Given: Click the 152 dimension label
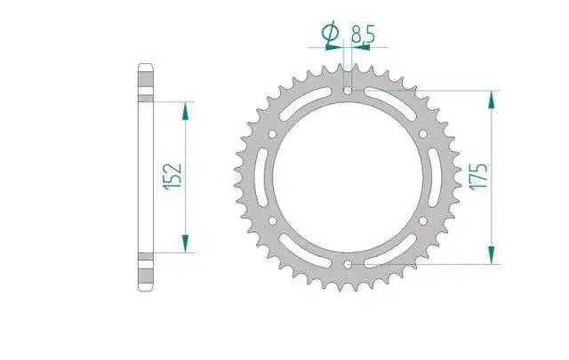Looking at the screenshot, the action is tap(172, 177).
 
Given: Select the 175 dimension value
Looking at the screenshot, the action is tap(478, 176).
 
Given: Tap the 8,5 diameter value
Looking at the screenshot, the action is tap(362, 35).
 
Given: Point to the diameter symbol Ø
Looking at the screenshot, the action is tap(330, 34).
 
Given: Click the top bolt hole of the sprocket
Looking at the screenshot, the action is tap(348, 91).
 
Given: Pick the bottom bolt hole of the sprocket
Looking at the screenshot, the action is tap(348, 264).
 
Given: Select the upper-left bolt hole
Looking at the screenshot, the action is tap(273, 134).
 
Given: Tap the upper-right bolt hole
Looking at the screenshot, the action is tap(423, 134).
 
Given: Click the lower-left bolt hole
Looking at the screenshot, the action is tap(273, 220).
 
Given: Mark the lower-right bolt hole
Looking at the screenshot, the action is tap(423, 220).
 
